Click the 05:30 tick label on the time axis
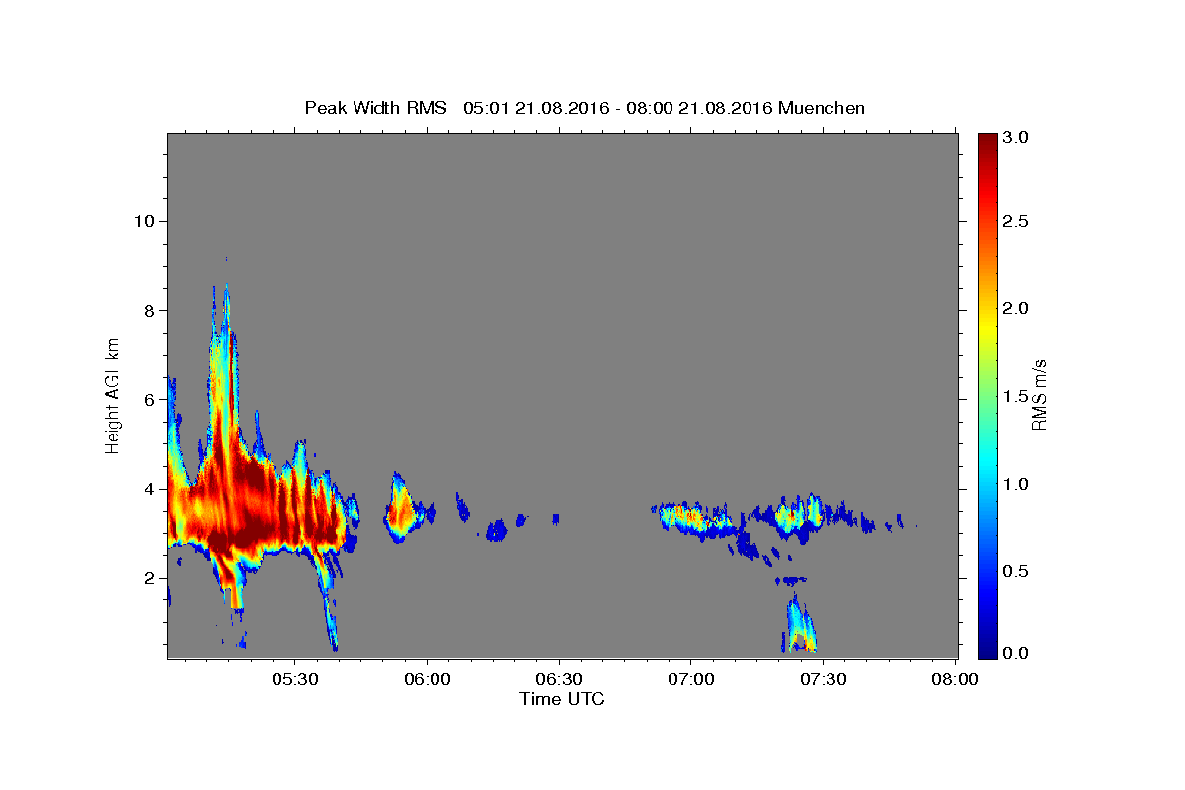pos(294,679)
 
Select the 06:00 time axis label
pos(427,679)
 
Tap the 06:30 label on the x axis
pos(559,679)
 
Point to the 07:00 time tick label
pos(691,679)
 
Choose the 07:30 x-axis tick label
pos(824,679)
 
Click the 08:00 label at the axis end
pos(955,679)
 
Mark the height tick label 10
pos(144,221)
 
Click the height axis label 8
pos(150,311)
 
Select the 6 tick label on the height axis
pos(150,400)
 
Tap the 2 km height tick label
pos(150,578)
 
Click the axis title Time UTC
pos(562,699)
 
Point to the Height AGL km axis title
pos(113,396)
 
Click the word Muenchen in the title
pos(822,108)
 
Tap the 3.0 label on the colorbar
pos(1015,137)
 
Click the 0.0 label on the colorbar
pos(1015,653)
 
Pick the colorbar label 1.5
pos(1015,396)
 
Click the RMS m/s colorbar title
pos(1040,395)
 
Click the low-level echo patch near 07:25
pos(799,624)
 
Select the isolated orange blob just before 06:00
pos(402,509)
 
